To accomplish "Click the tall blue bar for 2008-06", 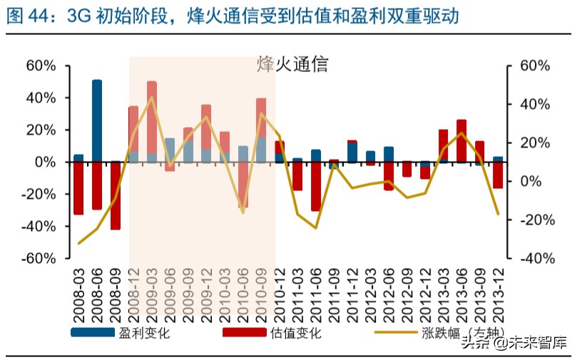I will [x=97, y=121].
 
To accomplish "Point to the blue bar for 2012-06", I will [x=389, y=155].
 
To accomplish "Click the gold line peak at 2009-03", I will [x=152, y=98].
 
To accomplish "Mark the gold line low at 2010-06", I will [x=242, y=212].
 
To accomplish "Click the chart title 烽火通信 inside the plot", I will [x=292, y=64].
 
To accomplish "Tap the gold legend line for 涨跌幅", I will [x=395, y=333].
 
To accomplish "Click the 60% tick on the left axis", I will [x=41, y=66].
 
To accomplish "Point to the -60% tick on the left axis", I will [x=39, y=258].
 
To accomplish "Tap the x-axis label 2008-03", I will [x=78, y=293].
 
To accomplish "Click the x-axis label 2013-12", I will [x=498, y=293].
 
